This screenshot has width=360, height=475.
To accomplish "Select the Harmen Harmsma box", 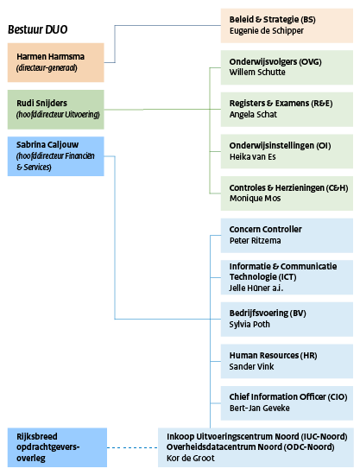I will [55, 62].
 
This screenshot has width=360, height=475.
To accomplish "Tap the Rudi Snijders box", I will [55, 109].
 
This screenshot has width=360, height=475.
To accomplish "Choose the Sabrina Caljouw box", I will [55, 155].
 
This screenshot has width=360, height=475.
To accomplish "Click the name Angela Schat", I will [254, 113].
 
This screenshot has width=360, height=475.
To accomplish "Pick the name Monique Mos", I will [256, 197].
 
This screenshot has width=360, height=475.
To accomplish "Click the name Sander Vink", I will [253, 366].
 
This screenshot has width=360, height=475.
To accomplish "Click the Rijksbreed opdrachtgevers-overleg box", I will [55, 446].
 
